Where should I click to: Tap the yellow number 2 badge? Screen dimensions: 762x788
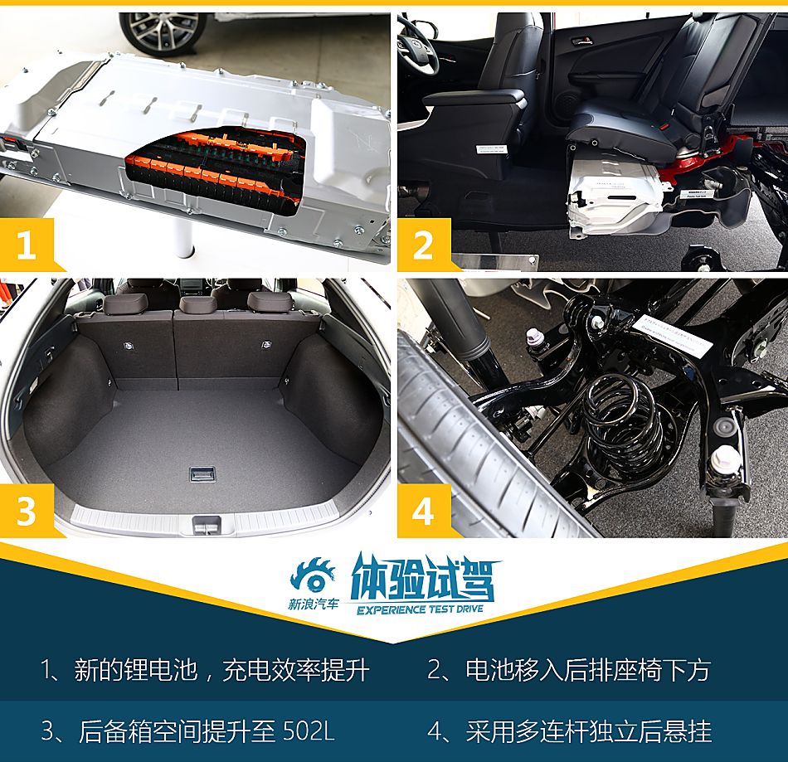(x=423, y=245)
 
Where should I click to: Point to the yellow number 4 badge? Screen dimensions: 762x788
(x=423, y=511)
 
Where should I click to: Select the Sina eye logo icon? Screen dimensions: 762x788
(x=312, y=575)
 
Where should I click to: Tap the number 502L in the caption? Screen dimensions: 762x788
(x=308, y=731)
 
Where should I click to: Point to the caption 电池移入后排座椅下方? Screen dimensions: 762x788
(x=568, y=670)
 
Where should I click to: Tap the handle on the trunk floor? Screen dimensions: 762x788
(x=202, y=473)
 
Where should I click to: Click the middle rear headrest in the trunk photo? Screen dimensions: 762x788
(x=197, y=303)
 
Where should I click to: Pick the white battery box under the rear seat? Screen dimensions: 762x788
(x=614, y=195)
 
